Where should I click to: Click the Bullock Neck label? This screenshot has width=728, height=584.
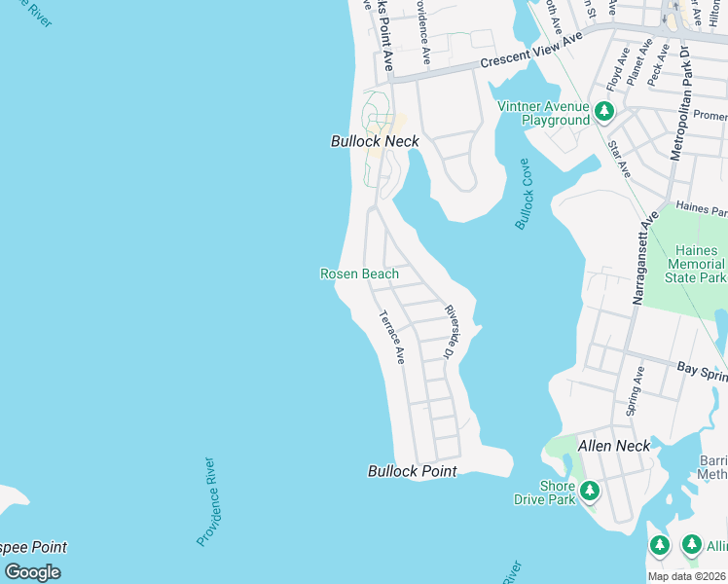[375, 141]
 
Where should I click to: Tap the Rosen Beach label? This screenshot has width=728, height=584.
[359, 274]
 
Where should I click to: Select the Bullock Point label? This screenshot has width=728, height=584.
[412, 471]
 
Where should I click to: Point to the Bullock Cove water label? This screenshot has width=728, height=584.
[526, 195]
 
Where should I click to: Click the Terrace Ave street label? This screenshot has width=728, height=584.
[391, 337]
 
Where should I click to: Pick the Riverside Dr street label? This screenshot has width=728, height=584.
[451, 332]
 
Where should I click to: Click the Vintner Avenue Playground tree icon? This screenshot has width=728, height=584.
[604, 112]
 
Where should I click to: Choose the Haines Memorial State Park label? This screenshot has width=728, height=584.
[697, 264]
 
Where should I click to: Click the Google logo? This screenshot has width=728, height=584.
[32, 571]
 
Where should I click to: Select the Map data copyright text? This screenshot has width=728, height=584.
[686, 576]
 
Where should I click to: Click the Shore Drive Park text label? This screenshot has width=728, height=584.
[544, 493]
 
